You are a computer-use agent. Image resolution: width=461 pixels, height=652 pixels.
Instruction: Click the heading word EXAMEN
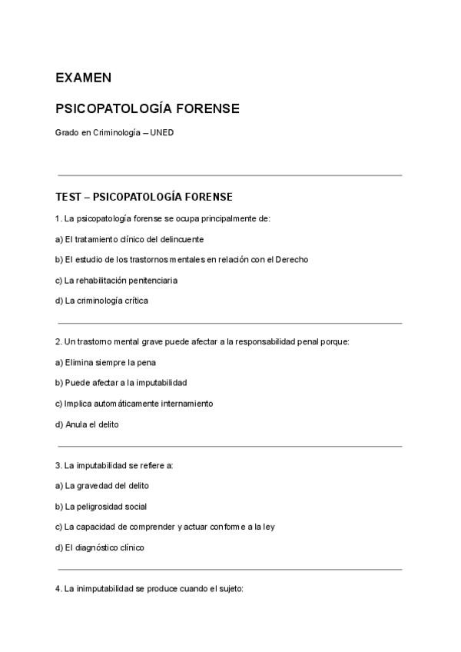pyautogui.click(x=83, y=78)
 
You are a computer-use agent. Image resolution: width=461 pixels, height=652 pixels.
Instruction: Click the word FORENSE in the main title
pyautogui.click(x=208, y=108)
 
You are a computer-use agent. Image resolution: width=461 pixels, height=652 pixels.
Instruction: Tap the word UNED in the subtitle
pyautogui.click(x=162, y=133)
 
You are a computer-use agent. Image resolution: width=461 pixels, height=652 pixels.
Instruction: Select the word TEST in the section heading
pyautogui.click(x=68, y=197)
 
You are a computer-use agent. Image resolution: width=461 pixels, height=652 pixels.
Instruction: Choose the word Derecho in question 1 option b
pyautogui.click(x=292, y=259)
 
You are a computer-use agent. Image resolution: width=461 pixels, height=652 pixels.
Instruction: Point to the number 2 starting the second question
pyautogui.click(x=58, y=341)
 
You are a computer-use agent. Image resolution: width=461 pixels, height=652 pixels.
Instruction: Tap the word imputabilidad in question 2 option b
pyautogui.click(x=163, y=382)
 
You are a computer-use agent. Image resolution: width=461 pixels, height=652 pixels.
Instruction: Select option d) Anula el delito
pyautogui.click(x=87, y=424)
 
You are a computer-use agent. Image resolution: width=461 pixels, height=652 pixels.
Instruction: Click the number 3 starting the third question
pyautogui.click(x=58, y=465)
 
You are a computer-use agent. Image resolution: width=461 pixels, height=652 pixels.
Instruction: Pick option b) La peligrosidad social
pyautogui.click(x=101, y=507)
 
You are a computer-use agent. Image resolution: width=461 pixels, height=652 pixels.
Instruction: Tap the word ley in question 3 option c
pyautogui.click(x=269, y=527)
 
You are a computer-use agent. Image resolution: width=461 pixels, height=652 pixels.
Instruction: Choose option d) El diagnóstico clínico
pyautogui.click(x=100, y=547)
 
